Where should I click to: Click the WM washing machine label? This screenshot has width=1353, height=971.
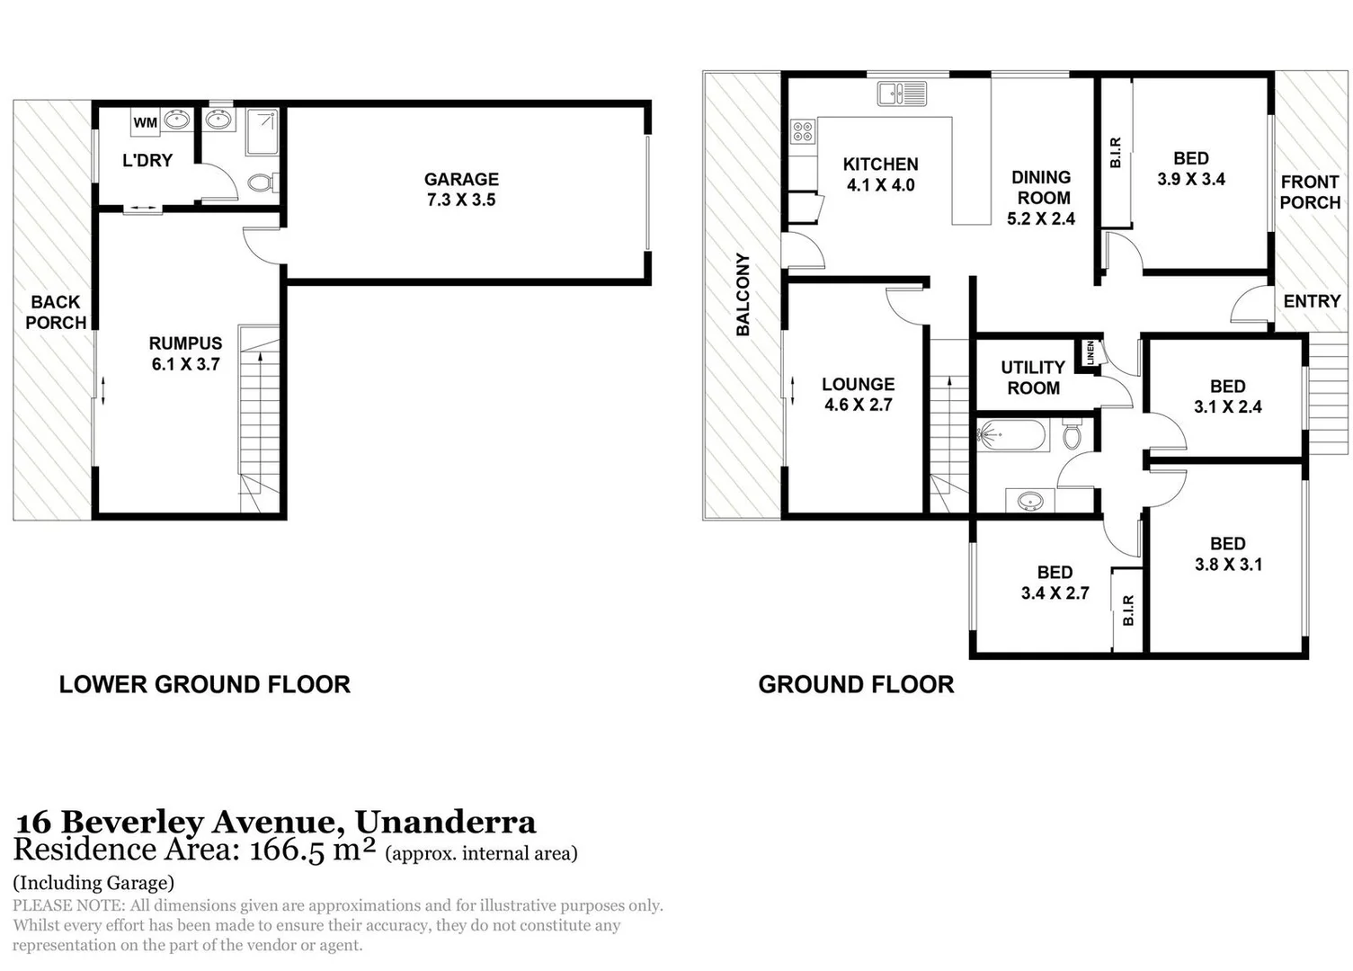point(145,122)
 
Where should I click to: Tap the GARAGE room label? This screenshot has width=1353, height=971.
point(461,180)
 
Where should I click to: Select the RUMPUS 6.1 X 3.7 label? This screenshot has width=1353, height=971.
point(185,353)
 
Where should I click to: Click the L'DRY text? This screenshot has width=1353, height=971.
point(147,161)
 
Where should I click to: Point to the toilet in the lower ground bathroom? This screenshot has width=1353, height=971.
point(261,183)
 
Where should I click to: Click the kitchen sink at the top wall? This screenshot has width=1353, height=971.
point(901,93)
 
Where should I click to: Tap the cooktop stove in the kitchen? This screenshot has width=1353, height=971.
point(802,133)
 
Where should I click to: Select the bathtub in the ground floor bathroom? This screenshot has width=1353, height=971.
point(1012,437)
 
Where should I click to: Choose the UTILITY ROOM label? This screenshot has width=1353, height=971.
point(1033,378)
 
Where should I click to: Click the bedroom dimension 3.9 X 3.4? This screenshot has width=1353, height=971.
point(1191,179)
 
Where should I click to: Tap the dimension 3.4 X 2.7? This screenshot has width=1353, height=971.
point(1055,593)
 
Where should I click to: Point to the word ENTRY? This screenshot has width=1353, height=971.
point(1312,301)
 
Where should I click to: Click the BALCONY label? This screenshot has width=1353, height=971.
point(743,295)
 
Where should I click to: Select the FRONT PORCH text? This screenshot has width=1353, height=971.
point(1310,192)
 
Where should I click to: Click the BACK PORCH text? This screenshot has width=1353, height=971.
point(56,312)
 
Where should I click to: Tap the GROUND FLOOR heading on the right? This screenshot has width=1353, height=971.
point(856,685)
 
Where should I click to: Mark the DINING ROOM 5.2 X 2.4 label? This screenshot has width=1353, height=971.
point(1041,198)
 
